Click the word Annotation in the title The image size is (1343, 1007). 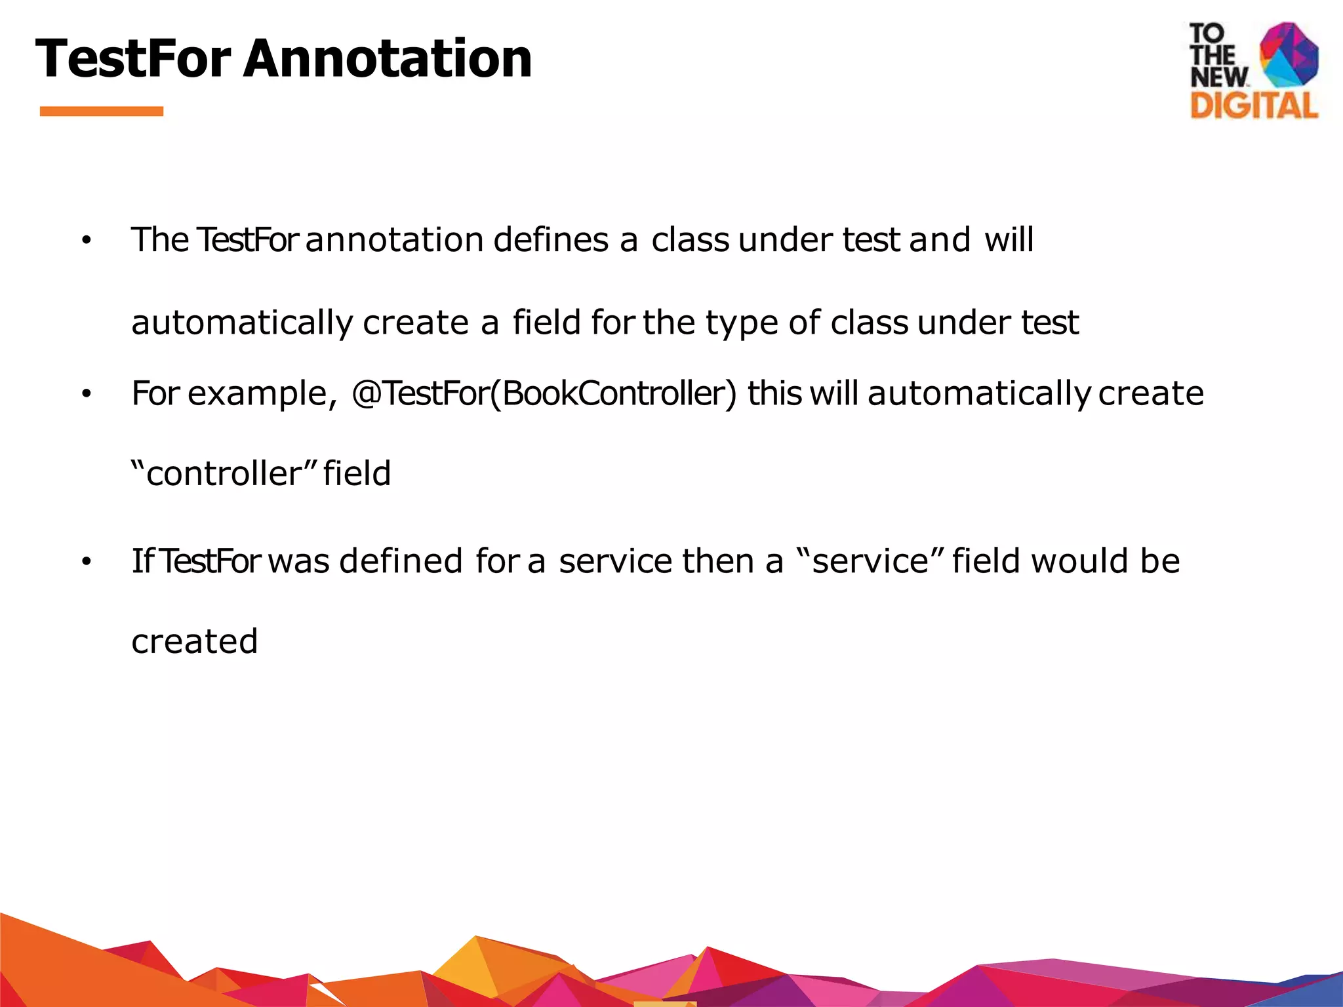[x=388, y=59]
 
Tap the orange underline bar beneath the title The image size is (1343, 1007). [x=102, y=111]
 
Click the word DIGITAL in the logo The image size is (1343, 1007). [x=1254, y=106]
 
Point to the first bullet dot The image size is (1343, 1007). [x=86, y=242]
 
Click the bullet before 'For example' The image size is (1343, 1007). [x=86, y=395]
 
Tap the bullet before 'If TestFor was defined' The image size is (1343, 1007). [x=86, y=563]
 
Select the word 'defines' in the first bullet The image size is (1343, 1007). [x=551, y=240]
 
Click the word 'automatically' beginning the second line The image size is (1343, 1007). [x=242, y=323]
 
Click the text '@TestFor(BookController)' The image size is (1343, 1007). [x=544, y=394]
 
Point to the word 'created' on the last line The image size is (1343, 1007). [x=195, y=641]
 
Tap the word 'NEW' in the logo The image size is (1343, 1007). [x=1218, y=77]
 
